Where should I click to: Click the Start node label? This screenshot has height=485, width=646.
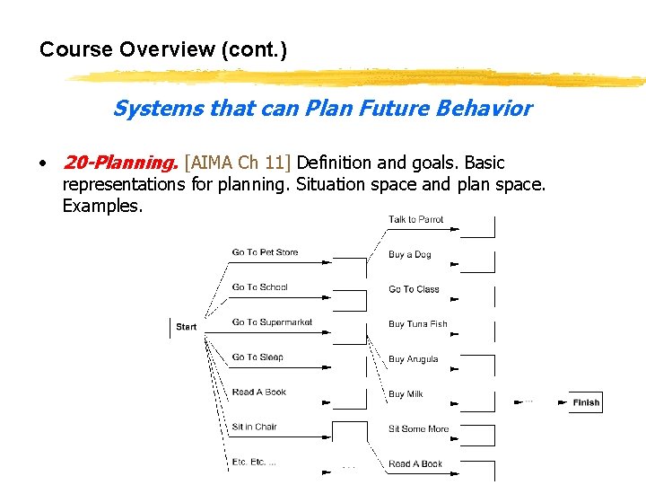[x=186, y=327]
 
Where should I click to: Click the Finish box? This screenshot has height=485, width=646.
[x=586, y=402]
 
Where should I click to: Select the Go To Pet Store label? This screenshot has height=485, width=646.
[x=265, y=252]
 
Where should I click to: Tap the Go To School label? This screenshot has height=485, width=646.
[x=259, y=287]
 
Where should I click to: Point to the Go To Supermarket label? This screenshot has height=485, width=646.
[x=272, y=322]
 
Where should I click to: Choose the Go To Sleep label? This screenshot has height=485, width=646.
[x=258, y=357]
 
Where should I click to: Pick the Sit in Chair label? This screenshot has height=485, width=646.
[x=254, y=427]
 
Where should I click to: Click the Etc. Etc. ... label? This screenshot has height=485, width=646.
[x=254, y=462]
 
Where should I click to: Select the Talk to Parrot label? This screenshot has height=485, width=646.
[x=415, y=219]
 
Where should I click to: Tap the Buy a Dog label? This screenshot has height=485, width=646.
[x=409, y=254]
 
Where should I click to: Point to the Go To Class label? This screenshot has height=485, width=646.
[x=414, y=289]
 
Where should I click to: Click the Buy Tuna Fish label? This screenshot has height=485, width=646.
[x=417, y=324]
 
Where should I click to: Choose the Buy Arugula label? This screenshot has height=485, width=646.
[x=413, y=359]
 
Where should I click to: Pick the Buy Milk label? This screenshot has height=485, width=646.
[x=406, y=394]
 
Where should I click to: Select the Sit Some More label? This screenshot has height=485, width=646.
[x=418, y=429]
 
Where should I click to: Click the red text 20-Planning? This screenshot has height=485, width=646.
[x=119, y=163]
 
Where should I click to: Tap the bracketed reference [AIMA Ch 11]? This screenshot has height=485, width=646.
[x=237, y=163]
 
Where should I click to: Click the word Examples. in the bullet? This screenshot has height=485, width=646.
[x=102, y=206]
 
